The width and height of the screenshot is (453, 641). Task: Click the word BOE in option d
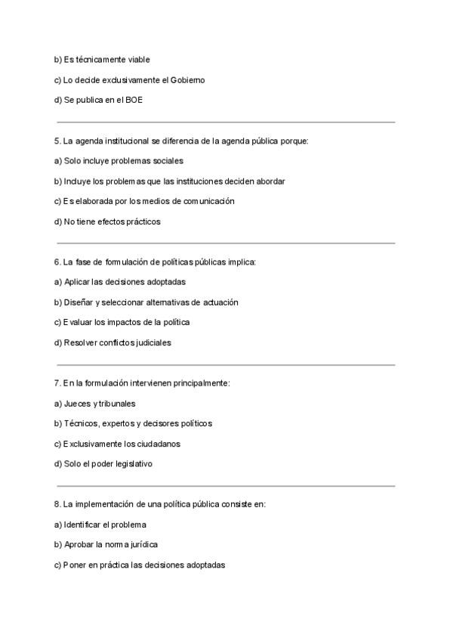pyautogui.click(x=134, y=100)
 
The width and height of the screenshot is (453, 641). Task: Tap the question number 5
pyautogui.click(x=57, y=141)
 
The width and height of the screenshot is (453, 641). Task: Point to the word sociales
pyautogui.click(x=168, y=161)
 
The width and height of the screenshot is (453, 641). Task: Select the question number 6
pyautogui.click(x=57, y=262)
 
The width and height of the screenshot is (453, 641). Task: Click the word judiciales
pyautogui.click(x=149, y=343)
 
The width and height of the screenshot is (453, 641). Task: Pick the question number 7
pyautogui.click(x=57, y=383)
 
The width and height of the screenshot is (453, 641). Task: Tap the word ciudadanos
pyautogui.click(x=157, y=444)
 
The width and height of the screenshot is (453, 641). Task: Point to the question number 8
pyautogui.click(x=57, y=504)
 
